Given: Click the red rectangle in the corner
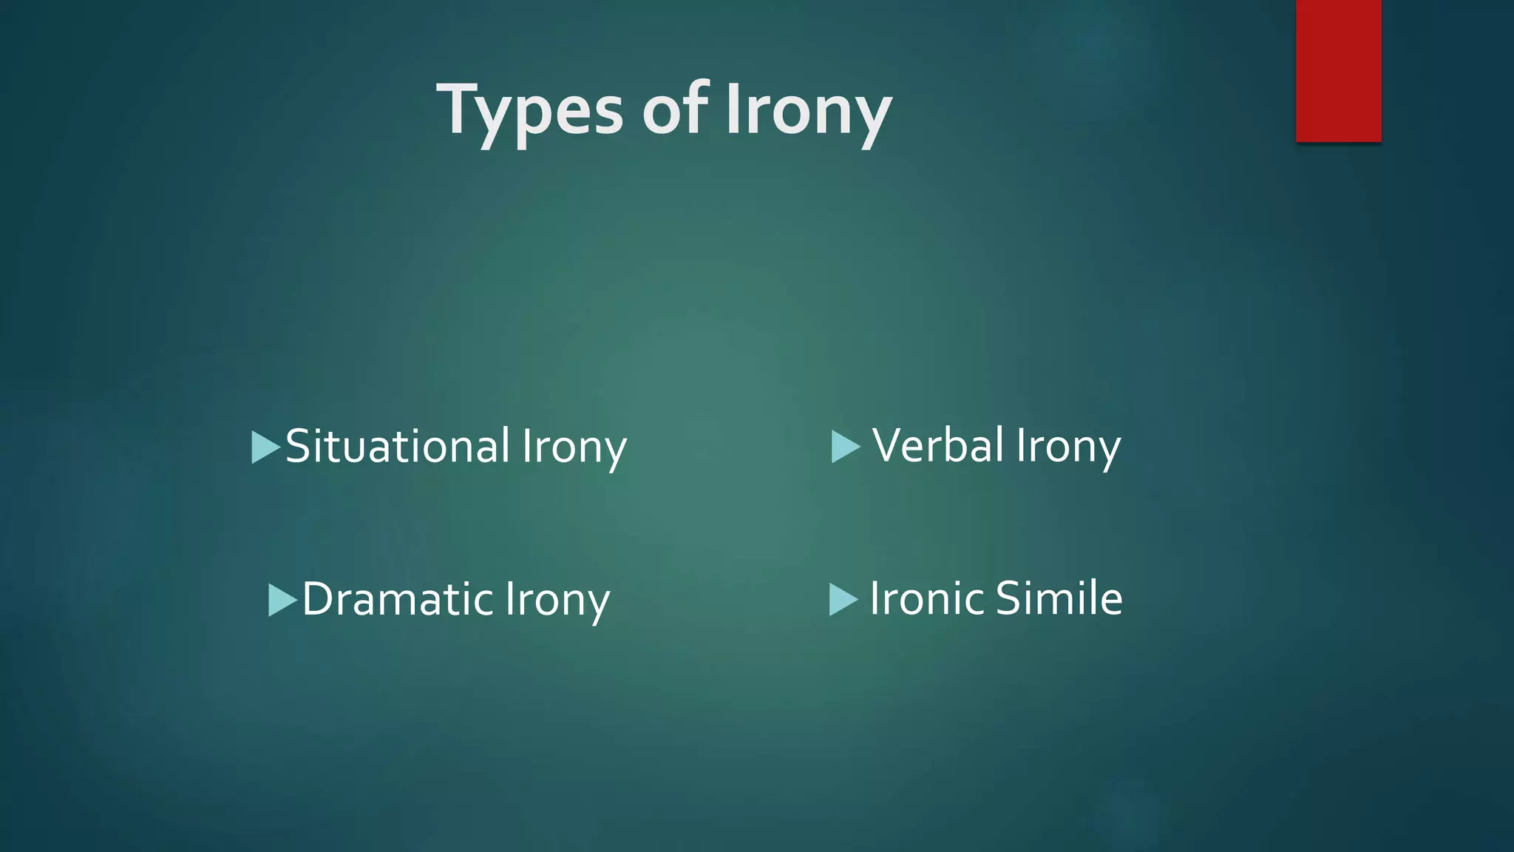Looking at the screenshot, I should tap(1338, 70).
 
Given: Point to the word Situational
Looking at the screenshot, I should tap(398, 446).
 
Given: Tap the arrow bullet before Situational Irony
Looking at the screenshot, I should tap(265, 447).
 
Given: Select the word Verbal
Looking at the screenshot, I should tap(938, 445).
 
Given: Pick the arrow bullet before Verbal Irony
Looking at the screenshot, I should tap(846, 447).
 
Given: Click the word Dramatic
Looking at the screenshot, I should tap(398, 598).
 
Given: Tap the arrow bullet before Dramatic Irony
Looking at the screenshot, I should tap(282, 600).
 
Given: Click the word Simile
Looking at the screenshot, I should tap(1059, 598).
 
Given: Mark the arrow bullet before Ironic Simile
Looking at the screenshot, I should tap(843, 599).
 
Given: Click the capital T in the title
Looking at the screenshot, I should tap(459, 109).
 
